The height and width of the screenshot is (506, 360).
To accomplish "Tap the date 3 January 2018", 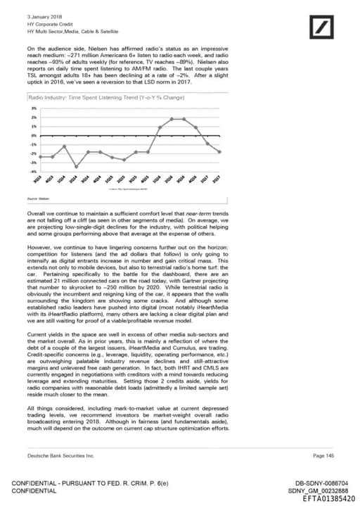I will [x=44, y=16].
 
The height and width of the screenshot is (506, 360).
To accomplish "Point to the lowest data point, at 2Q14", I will [x=76, y=167].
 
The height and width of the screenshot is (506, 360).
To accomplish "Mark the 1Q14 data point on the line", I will [x=64, y=146].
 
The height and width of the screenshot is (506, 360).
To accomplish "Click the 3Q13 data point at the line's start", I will [x=40, y=157].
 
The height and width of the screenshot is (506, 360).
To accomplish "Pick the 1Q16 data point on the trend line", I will [x=160, y=127].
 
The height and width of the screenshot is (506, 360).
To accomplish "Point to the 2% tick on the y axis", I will [x=34, y=117].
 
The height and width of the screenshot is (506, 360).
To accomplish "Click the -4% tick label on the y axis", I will [x=33, y=172].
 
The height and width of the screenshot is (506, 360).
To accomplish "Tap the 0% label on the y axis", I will [x=34, y=135].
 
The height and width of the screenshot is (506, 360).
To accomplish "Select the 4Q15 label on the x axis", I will [x=146, y=180].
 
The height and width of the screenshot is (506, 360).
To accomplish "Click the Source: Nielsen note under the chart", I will [x=38, y=200].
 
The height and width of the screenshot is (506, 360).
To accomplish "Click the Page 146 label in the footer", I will [x=323, y=455].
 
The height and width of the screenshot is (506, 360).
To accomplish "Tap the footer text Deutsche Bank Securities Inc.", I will [x=60, y=455].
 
